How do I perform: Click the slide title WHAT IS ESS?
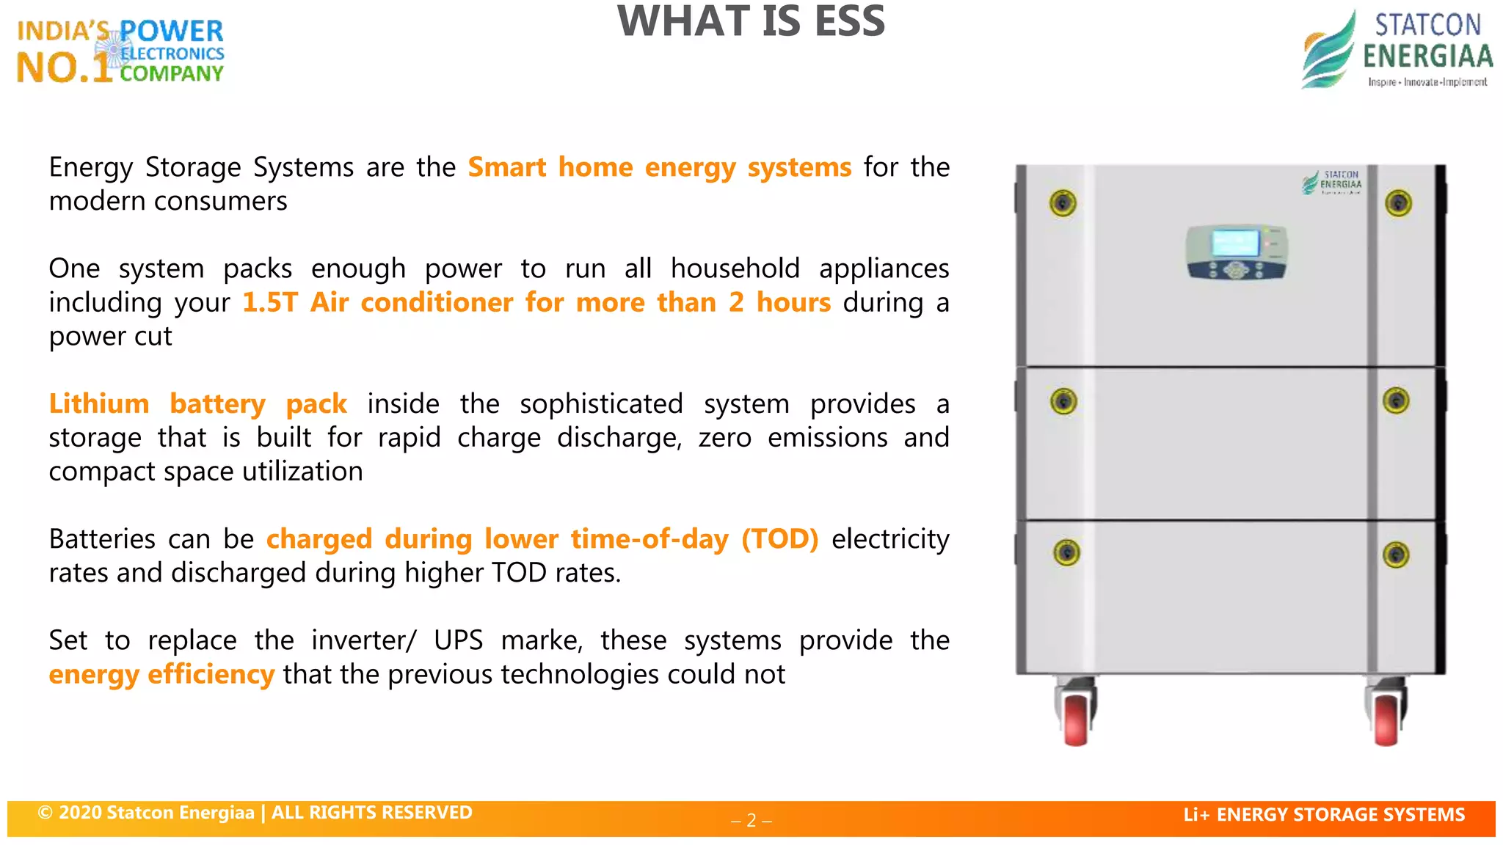(751, 22)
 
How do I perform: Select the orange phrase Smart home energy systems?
(659, 167)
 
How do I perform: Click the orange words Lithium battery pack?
(197, 403)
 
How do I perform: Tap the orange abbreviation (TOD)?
(779, 538)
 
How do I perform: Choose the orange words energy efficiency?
(161, 673)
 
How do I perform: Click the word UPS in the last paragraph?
(458, 640)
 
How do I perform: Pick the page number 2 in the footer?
(751, 820)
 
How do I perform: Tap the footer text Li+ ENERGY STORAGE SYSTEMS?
(1323, 814)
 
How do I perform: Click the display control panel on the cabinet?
(1236, 252)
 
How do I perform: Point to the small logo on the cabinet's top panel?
(1332, 182)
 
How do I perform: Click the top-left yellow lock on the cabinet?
(1063, 203)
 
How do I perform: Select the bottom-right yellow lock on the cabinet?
(1395, 555)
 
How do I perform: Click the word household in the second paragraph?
(735, 268)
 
